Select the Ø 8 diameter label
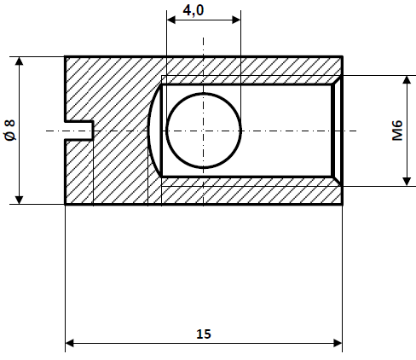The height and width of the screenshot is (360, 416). click(x=9, y=131)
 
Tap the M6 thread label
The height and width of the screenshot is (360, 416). click(x=397, y=131)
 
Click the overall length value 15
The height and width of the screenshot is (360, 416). click(x=203, y=333)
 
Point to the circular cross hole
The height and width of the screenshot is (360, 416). click(x=204, y=131)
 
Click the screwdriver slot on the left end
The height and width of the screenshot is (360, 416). click(x=79, y=131)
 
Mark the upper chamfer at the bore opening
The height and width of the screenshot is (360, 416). click(x=338, y=79)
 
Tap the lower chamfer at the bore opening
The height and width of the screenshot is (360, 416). click(x=338, y=182)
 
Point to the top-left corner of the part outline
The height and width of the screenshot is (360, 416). click(x=66, y=56)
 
